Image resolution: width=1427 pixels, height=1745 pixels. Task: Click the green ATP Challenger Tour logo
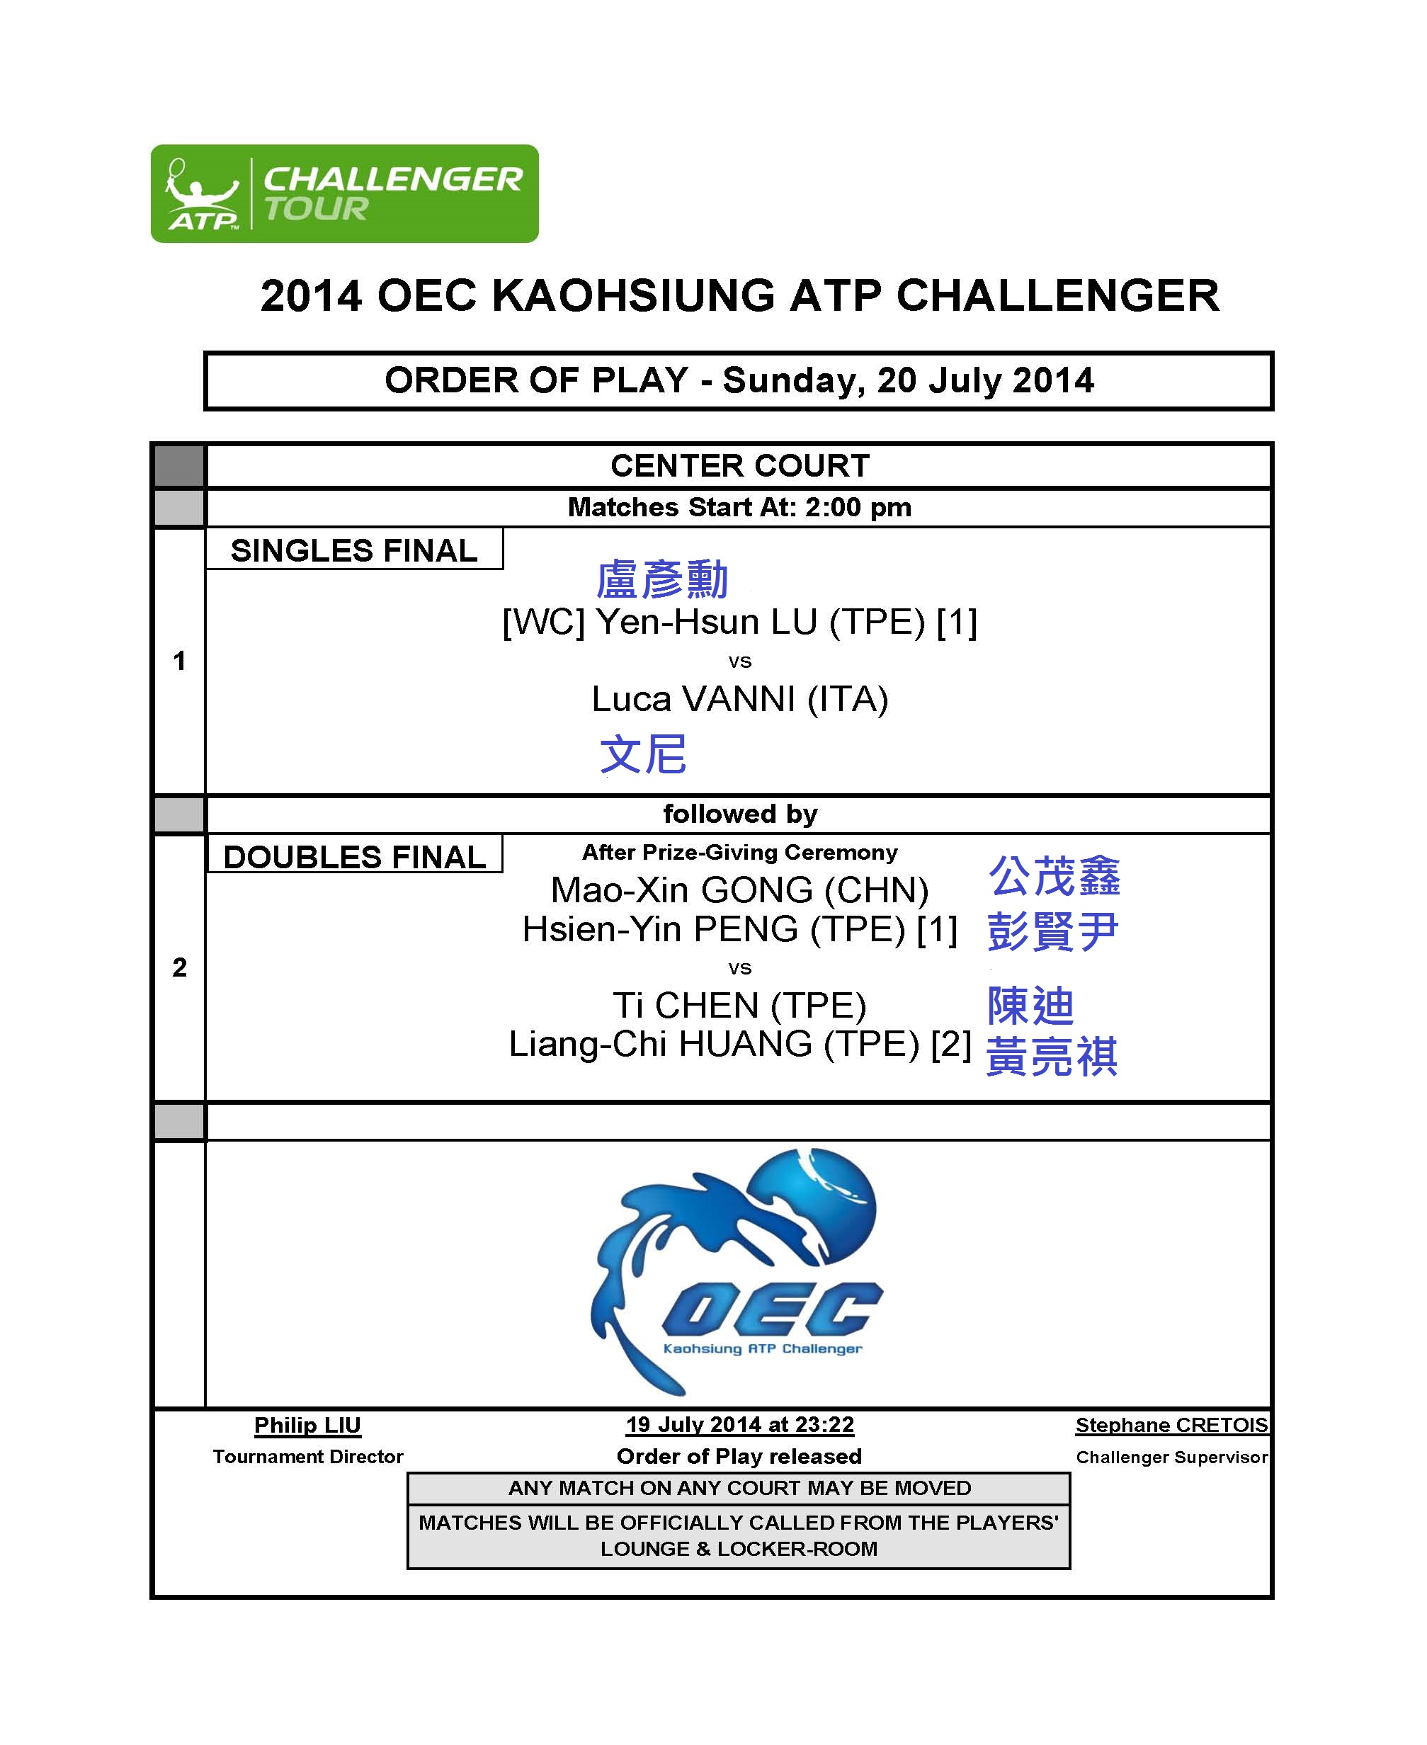point(344,194)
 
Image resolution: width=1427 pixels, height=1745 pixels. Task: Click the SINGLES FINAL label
point(354,551)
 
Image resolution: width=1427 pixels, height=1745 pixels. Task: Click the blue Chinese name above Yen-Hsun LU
point(661,579)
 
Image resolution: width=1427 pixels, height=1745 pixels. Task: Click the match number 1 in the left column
point(179,661)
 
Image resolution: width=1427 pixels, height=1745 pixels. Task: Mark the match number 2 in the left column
point(179,967)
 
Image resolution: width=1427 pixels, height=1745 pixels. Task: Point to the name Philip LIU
point(307,1426)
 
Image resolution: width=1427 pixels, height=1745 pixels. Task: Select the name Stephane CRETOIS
point(1171,1426)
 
